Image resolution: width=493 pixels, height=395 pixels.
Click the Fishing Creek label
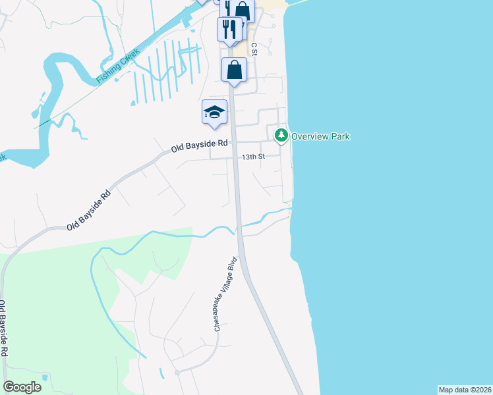[x=117, y=66]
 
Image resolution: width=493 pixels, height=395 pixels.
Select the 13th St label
[x=252, y=157]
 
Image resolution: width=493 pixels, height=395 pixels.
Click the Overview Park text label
[x=320, y=136]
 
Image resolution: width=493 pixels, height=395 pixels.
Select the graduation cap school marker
[x=214, y=111]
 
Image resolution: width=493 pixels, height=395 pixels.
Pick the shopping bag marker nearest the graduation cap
[x=235, y=70]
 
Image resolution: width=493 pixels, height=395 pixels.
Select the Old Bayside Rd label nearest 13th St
[x=199, y=145]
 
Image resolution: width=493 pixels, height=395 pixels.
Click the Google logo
[x=22, y=387]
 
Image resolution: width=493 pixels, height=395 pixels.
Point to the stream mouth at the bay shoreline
[x=290, y=209]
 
